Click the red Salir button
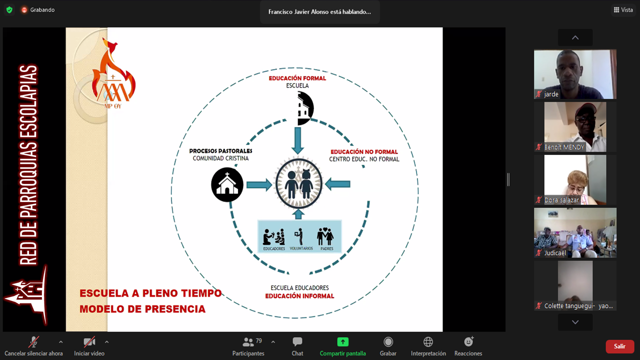619,346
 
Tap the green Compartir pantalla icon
342,342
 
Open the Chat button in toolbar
297,342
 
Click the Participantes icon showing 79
248,342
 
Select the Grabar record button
388,342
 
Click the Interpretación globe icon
428,342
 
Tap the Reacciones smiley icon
468,342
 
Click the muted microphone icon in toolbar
33,342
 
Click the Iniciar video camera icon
89,342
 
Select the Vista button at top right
623,10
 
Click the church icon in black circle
227,184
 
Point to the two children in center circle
298,184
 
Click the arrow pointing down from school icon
298,140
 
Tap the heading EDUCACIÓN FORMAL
297,78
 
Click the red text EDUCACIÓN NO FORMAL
364,152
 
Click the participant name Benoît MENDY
564,147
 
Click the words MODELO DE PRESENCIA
142,309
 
